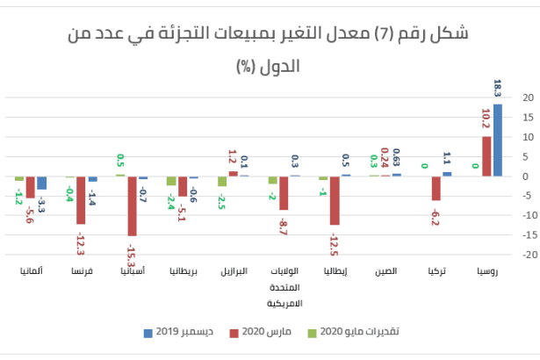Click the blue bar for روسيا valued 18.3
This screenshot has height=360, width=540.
498,140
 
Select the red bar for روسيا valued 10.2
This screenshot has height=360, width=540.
487,156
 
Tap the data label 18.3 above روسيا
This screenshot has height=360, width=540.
498,89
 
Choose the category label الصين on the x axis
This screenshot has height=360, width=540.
385,272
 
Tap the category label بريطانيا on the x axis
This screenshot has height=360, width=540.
183,272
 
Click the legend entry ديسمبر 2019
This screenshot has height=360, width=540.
180,333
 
